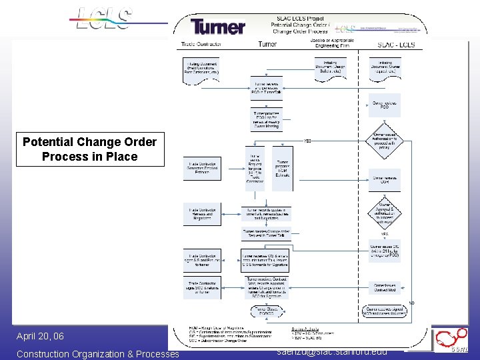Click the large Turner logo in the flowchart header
[x=217, y=27]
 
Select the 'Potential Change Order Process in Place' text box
[x=89, y=149]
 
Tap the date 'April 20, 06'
[x=40, y=336]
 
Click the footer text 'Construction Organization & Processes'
[x=97, y=354]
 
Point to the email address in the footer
[x=330, y=351]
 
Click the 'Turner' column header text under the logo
[x=267, y=45]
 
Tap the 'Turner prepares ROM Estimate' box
[x=283, y=169]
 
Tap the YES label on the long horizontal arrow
[x=307, y=141]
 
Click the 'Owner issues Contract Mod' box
[x=384, y=287]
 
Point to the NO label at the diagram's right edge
[x=411, y=303]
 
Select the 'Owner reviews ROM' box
[x=384, y=179]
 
